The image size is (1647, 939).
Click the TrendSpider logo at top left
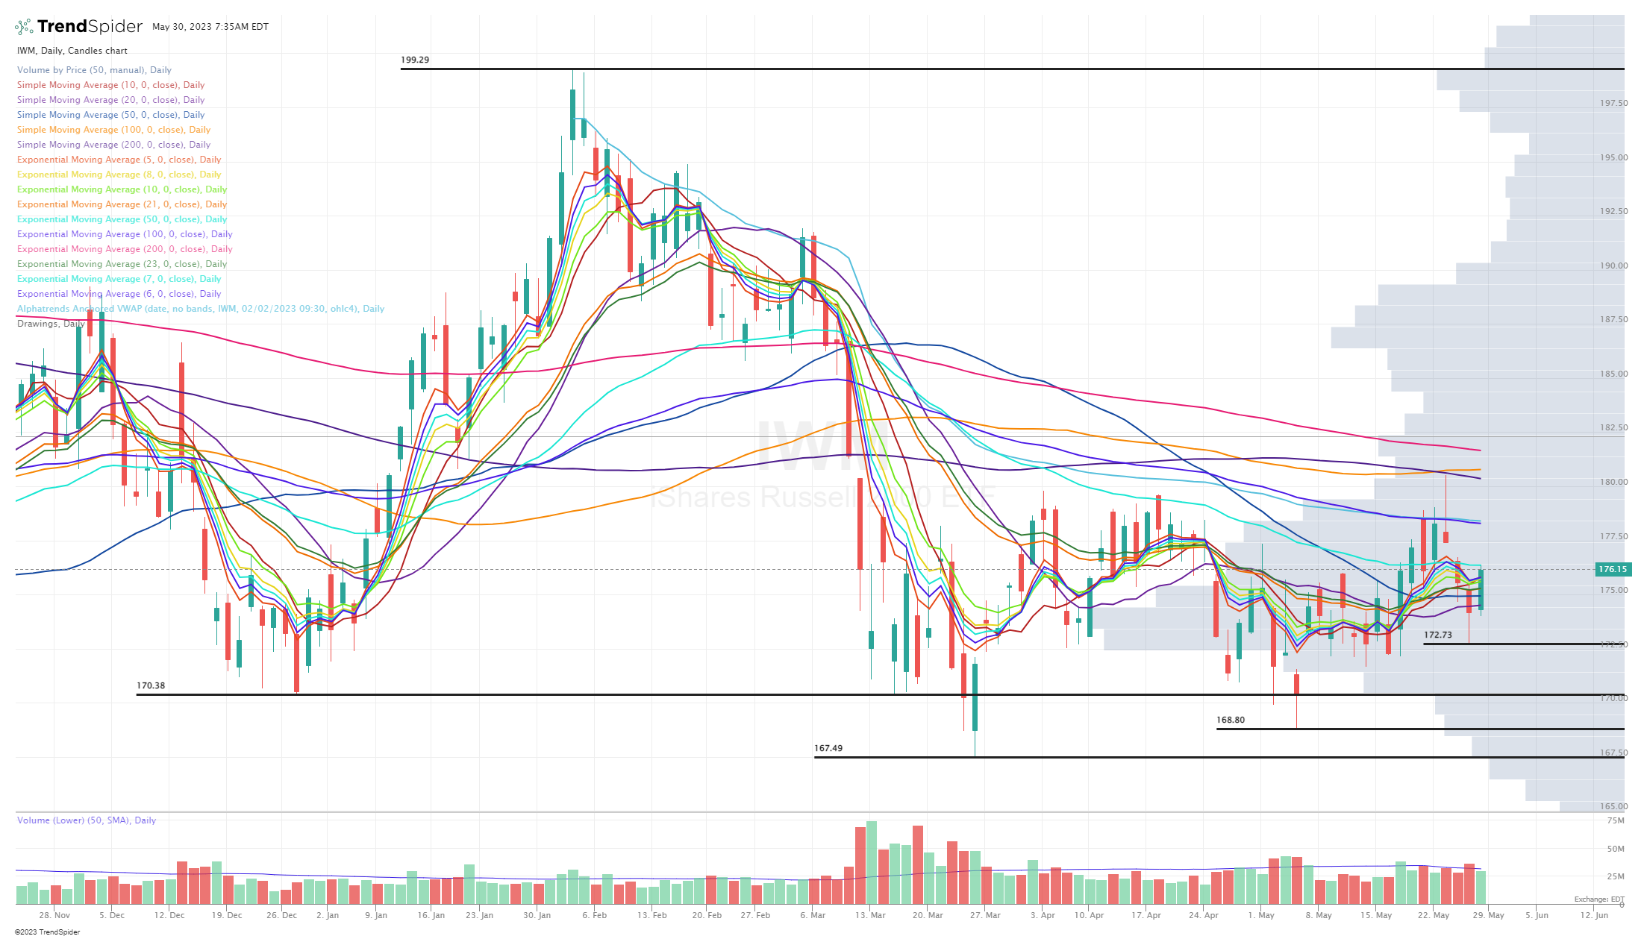click(x=78, y=27)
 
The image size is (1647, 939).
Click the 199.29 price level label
click(x=415, y=60)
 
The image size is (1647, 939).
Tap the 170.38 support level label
click(x=151, y=685)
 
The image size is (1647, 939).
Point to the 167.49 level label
click(x=828, y=748)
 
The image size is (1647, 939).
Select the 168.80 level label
click(x=1231, y=720)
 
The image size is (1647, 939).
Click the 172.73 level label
click(x=1438, y=635)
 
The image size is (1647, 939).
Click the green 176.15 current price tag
click(x=1612, y=569)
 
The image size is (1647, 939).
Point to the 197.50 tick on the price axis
click(x=1613, y=103)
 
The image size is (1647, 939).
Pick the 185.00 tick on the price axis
click(x=1613, y=374)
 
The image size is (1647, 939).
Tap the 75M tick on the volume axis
click(x=1616, y=820)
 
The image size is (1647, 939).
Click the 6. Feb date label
click(x=595, y=915)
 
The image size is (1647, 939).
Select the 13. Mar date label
click(x=870, y=915)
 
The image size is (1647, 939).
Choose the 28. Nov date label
click(x=54, y=915)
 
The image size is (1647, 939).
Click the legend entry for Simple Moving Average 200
click(x=113, y=145)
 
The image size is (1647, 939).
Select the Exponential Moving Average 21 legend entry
click(x=122, y=204)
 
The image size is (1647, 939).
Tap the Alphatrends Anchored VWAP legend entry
click(x=200, y=309)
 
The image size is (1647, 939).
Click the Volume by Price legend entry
click(x=94, y=70)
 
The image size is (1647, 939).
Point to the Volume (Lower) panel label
click(x=87, y=820)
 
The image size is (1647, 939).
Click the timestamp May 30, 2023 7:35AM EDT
click(x=210, y=27)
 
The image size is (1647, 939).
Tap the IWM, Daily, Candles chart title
click(x=72, y=51)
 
